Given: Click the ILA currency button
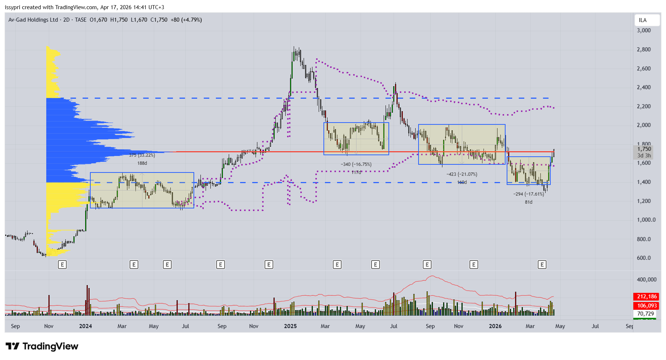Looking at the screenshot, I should click(x=643, y=20).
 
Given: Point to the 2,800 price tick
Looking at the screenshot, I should click(x=644, y=50).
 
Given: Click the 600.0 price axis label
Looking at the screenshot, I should click(x=644, y=258).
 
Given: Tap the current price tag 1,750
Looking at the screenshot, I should click(x=644, y=149).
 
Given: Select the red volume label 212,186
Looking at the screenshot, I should click(x=647, y=297).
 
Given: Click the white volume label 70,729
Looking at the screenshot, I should click(x=645, y=314).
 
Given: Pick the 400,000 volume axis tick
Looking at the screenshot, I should click(x=647, y=280).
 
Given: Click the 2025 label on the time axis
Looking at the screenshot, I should click(x=290, y=326).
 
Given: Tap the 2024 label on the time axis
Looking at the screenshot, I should click(x=86, y=326).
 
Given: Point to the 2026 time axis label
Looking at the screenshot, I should click(x=495, y=326).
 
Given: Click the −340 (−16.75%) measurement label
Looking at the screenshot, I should click(x=356, y=164).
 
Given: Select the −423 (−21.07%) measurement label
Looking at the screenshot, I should click(x=462, y=174).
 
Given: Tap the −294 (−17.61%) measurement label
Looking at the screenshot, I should click(x=529, y=194).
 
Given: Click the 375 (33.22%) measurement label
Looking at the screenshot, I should click(x=142, y=155).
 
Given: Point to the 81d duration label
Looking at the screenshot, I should click(x=529, y=202).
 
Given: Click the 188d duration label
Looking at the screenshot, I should click(x=142, y=163).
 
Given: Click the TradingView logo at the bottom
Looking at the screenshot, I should click(x=42, y=346).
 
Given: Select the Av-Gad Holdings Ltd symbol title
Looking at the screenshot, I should click(x=33, y=20).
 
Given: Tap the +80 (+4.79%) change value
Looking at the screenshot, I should click(x=186, y=20).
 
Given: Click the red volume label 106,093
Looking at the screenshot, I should click(x=647, y=306).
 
